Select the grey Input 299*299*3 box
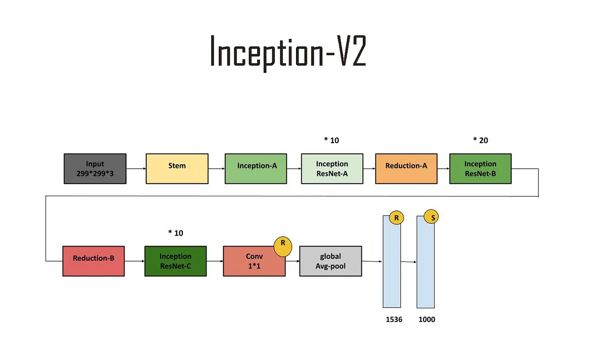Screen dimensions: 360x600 [x=95, y=169]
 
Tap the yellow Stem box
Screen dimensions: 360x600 [x=177, y=169]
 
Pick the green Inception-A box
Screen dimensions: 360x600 [x=256, y=169]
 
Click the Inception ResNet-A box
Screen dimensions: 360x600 [x=332, y=169]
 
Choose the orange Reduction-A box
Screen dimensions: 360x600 [x=406, y=169]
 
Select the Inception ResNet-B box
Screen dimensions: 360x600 [x=480, y=169]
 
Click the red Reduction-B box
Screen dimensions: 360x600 [x=93, y=261]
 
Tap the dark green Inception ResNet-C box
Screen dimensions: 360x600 [x=175, y=261]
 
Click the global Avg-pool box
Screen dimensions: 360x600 [x=330, y=261]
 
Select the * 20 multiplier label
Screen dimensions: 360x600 [x=480, y=140]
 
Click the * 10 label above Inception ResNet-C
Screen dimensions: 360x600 [x=175, y=233]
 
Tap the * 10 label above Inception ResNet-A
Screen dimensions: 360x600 [x=331, y=140]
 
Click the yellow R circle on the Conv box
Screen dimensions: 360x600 [x=283, y=246]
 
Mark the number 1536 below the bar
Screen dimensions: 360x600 [x=394, y=319]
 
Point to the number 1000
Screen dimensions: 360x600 [x=427, y=319]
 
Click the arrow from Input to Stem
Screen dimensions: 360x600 [x=136, y=169]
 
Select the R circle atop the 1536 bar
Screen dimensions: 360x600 [x=396, y=218]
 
